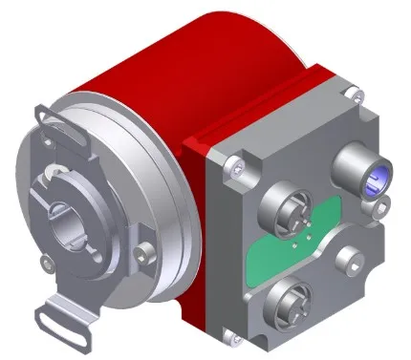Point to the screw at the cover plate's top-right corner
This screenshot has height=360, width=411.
356,93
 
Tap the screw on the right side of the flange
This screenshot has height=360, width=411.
143,252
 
